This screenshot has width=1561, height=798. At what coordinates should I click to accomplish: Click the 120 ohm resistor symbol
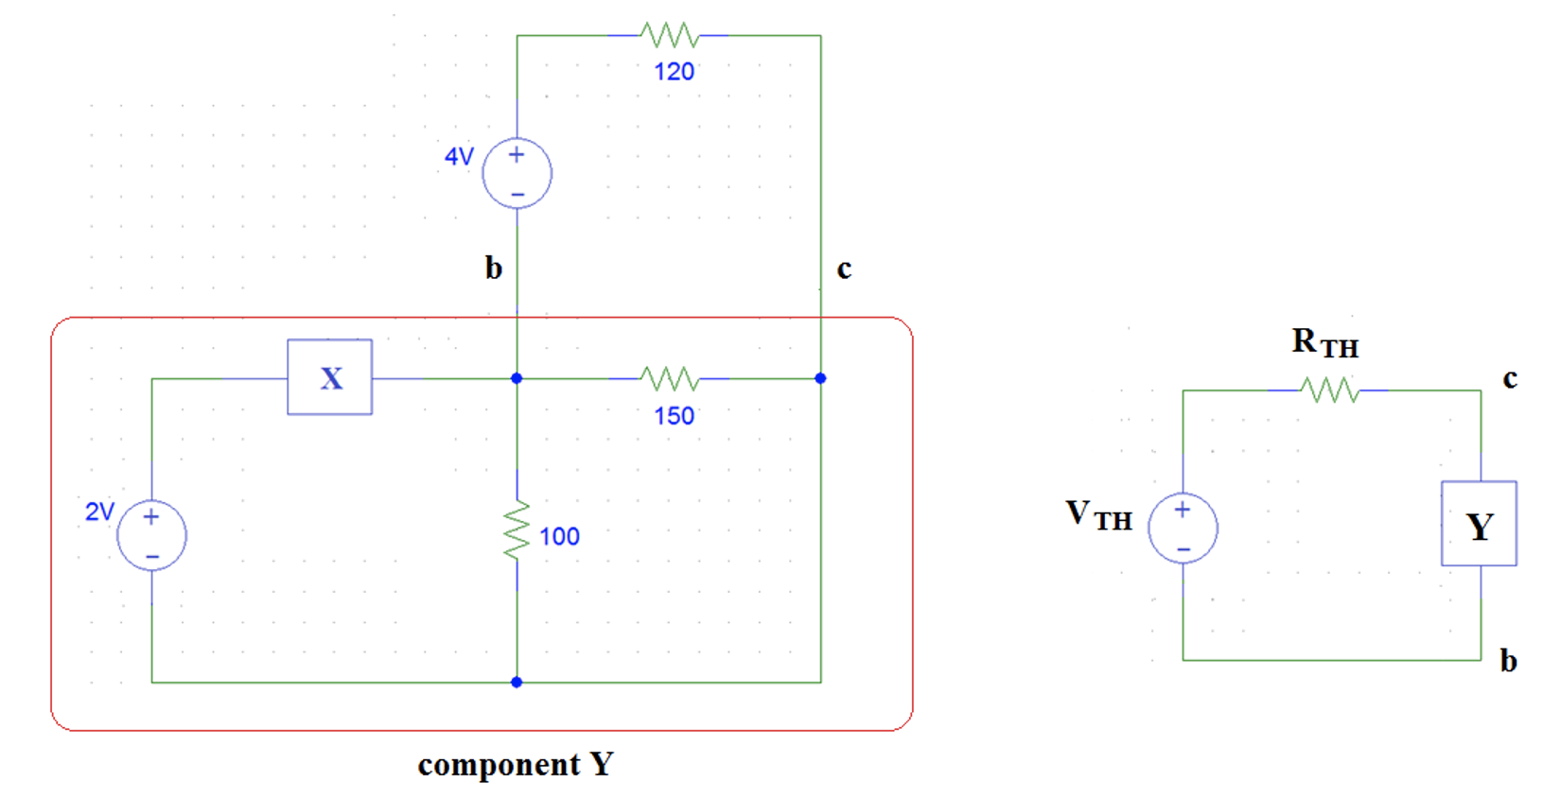670,36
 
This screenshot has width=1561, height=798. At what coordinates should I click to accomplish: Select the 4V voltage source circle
517,174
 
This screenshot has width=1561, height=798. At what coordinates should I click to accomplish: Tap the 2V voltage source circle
151,535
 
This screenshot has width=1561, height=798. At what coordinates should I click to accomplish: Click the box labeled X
330,377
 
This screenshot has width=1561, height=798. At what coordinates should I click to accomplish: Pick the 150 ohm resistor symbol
670,379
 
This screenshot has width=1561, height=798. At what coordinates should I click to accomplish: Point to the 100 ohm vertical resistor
517,531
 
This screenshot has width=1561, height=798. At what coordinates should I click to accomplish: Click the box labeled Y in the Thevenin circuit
1479,524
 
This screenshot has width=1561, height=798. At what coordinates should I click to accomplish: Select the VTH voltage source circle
1183,528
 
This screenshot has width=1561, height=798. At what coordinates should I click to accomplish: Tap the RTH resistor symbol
1329,390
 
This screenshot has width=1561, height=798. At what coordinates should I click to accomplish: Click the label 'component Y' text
516,764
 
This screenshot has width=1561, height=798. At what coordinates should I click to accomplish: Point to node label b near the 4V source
493,269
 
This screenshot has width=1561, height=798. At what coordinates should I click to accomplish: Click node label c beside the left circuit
844,269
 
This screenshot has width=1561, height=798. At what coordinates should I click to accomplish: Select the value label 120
674,72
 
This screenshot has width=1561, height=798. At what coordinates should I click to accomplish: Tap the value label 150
674,416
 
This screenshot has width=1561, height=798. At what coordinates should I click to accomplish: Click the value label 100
559,537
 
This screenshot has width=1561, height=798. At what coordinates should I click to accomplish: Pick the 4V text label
459,156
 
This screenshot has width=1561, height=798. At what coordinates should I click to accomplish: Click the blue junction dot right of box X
517,378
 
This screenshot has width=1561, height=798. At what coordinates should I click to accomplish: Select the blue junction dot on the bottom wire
517,682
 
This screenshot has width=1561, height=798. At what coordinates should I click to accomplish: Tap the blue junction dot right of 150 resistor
820,378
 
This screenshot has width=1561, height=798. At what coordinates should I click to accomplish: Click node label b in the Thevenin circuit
1508,661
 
